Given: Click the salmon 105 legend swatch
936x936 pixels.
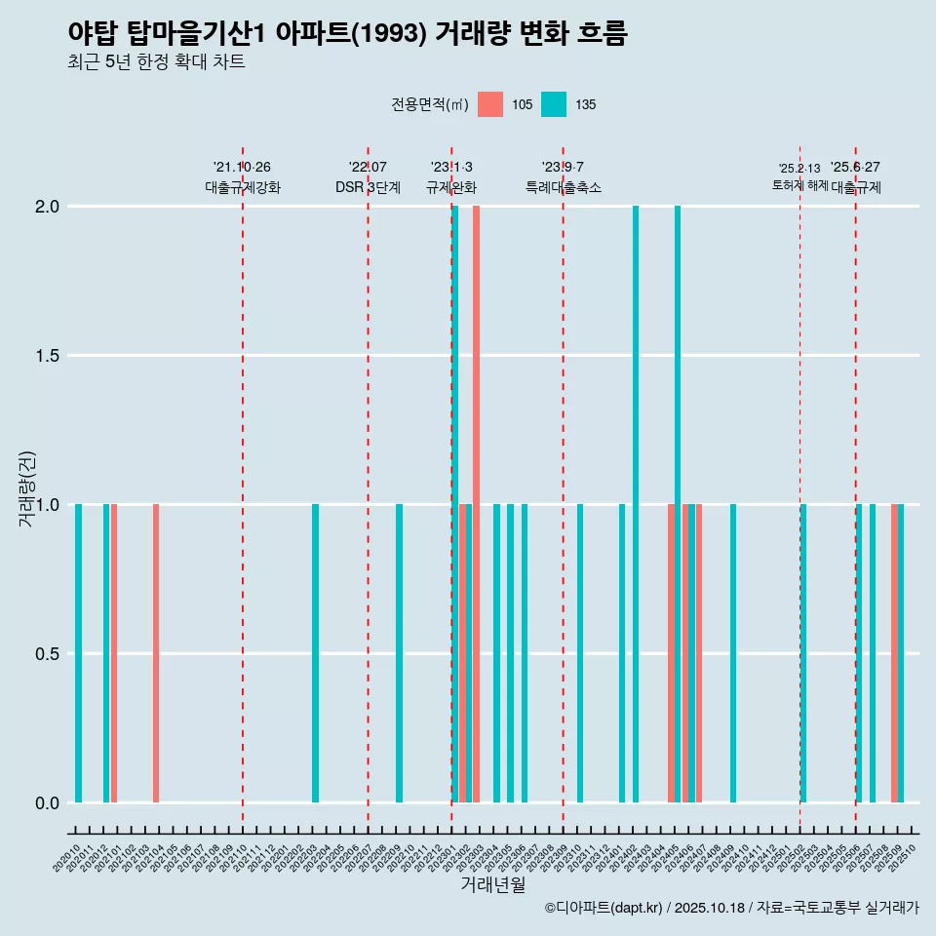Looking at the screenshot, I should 490,104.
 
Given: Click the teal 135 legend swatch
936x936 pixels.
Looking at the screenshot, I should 553,104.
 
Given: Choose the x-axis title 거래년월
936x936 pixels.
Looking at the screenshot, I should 492,885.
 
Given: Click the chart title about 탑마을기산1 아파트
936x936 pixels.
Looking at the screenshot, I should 347,33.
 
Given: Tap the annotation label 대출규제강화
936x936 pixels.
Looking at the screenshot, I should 243,187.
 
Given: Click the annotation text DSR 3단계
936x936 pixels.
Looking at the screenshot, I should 368,187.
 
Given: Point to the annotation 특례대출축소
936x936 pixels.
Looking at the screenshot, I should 563,187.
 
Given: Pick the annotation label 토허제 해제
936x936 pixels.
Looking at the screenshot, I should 799,184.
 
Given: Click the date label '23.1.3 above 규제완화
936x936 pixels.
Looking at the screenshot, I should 451,168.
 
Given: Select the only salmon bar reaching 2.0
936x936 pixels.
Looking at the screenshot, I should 476,504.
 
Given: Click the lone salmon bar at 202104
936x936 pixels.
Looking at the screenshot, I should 156,653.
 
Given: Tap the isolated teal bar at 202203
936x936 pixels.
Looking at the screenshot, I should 315,653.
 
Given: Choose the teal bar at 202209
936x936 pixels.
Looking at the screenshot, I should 399,653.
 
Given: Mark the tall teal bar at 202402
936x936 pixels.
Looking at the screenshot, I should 636,504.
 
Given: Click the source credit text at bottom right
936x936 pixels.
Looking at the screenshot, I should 731,909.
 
